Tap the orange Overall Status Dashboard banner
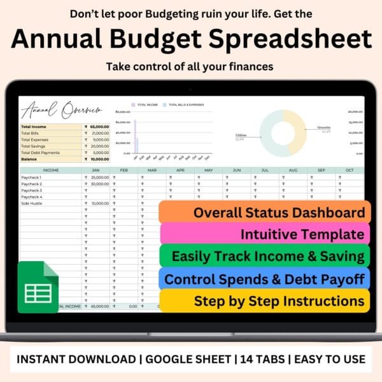[x=264, y=212]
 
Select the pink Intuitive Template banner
[x=264, y=234]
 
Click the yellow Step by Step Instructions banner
[x=264, y=301]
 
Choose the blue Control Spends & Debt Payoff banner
[x=264, y=278]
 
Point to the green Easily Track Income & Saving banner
[x=264, y=257]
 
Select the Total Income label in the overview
[x=34, y=127]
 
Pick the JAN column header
[x=96, y=171]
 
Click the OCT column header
[x=348, y=171]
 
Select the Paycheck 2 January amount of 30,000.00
[x=99, y=183]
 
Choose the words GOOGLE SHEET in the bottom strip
[x=188, y=359]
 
